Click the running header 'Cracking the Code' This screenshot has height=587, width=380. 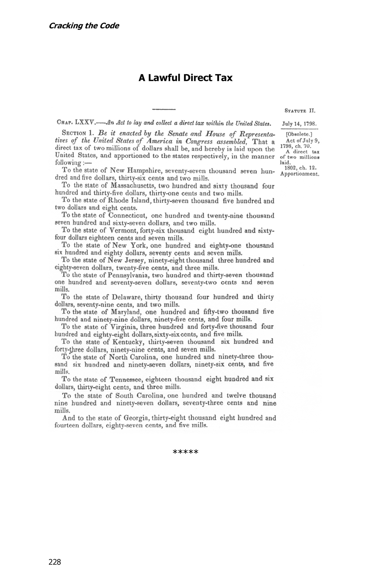(x=84, y=26)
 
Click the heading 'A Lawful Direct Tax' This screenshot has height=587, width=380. (x=186, y=78)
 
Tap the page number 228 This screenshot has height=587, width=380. (x=55, y=562)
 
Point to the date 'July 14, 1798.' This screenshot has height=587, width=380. (x=300, y=124)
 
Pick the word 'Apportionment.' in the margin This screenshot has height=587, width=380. (x=300, y=174)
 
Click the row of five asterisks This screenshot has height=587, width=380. (x=186, y=452)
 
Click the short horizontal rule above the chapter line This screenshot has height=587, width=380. (x=164, y=109)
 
